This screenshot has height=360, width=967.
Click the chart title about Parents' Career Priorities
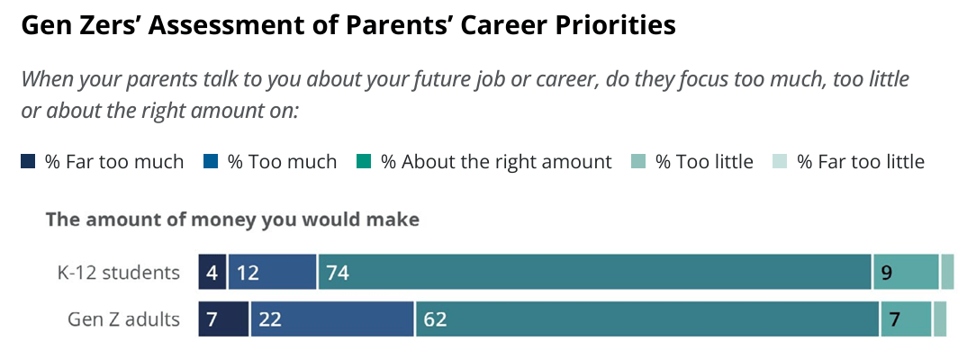tap(348, 26)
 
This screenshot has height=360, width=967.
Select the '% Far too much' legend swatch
tap(29, 162)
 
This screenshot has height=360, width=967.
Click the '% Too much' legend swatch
tap(211, 162)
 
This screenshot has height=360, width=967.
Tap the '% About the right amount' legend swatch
tap(364, 162)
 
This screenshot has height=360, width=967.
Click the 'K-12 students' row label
tap(119, 273)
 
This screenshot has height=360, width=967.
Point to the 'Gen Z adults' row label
tap(124, 319)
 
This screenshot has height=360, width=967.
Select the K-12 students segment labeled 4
tap(212, 272)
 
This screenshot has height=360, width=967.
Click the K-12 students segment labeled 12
tap(272, 272)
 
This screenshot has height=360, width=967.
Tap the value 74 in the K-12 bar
tap(339, 273)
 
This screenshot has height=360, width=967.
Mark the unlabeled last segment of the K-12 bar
tap(947, 272)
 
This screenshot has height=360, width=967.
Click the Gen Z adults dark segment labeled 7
tap(223, 319)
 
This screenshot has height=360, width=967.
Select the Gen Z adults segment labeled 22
tap(332, 319)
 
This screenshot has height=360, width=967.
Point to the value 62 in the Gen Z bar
tap(435, 319)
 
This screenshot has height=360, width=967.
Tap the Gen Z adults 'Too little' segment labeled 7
tap(906, 319)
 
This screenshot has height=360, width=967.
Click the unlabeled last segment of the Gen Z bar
tap(940, 319)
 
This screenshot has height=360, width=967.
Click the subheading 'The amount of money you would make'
tap(232, 220)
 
